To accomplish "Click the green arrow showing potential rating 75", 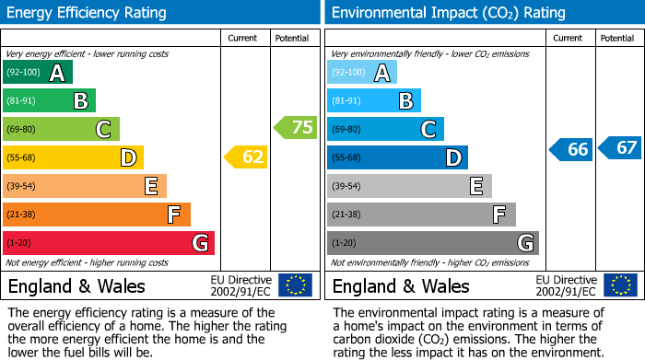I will [296, 128].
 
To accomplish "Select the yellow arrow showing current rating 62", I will [246, 157].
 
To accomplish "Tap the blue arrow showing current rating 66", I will [570, 149].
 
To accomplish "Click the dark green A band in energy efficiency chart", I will [38, 73].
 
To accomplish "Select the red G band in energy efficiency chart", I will [109, 243].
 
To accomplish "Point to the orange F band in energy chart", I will [97, 215].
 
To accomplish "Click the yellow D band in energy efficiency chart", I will [73, 157].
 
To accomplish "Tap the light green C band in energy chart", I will [61, 129].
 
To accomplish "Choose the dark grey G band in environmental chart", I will [433, 243].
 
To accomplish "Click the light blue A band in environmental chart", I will [362, 73].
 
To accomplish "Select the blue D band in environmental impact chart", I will [397, 157].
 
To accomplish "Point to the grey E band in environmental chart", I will [409, 186].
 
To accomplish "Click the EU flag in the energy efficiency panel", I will [295, 285].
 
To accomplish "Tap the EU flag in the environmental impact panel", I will [619, 285].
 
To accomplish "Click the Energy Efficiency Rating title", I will [87, 13].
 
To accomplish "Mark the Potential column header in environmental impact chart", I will [617, 38].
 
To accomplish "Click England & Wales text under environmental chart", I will [401, 285].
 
